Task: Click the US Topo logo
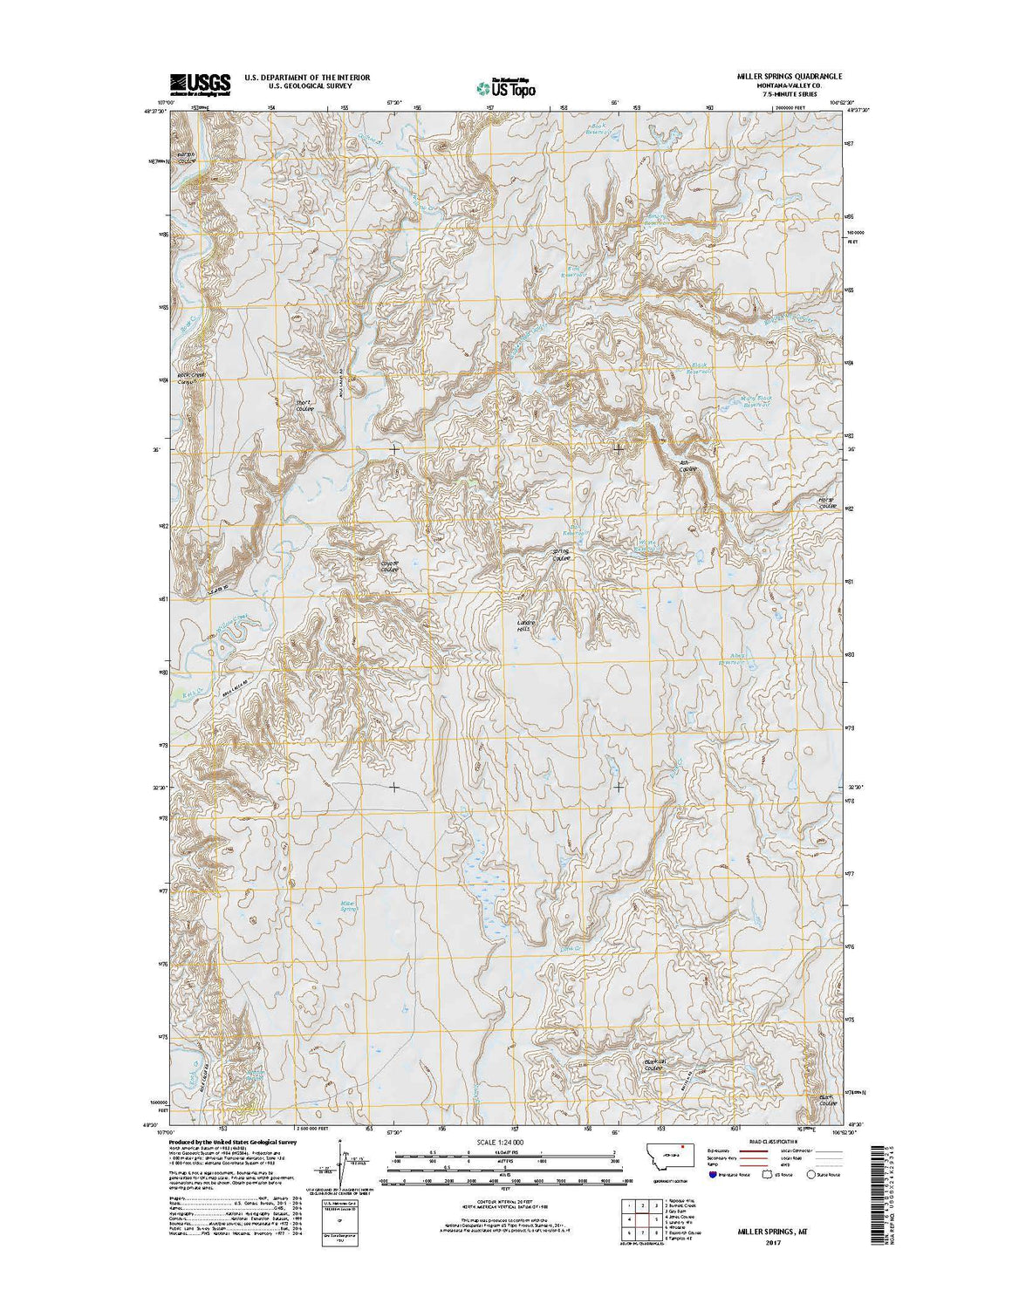coord(506,86)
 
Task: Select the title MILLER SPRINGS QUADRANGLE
coord(789,77)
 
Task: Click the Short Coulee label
coord(304,406)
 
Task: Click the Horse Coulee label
coord(827,503)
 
